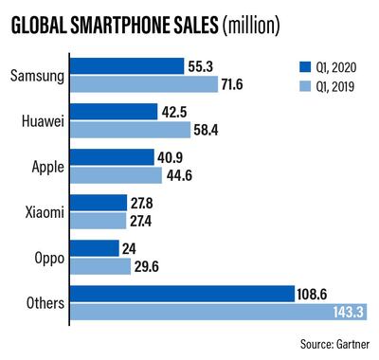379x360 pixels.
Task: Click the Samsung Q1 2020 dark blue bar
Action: point(127,65)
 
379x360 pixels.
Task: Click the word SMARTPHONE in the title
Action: point(143,26)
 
